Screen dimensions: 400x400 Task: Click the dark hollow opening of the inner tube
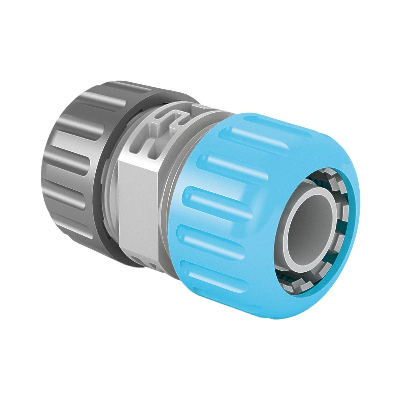point(308,230)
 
